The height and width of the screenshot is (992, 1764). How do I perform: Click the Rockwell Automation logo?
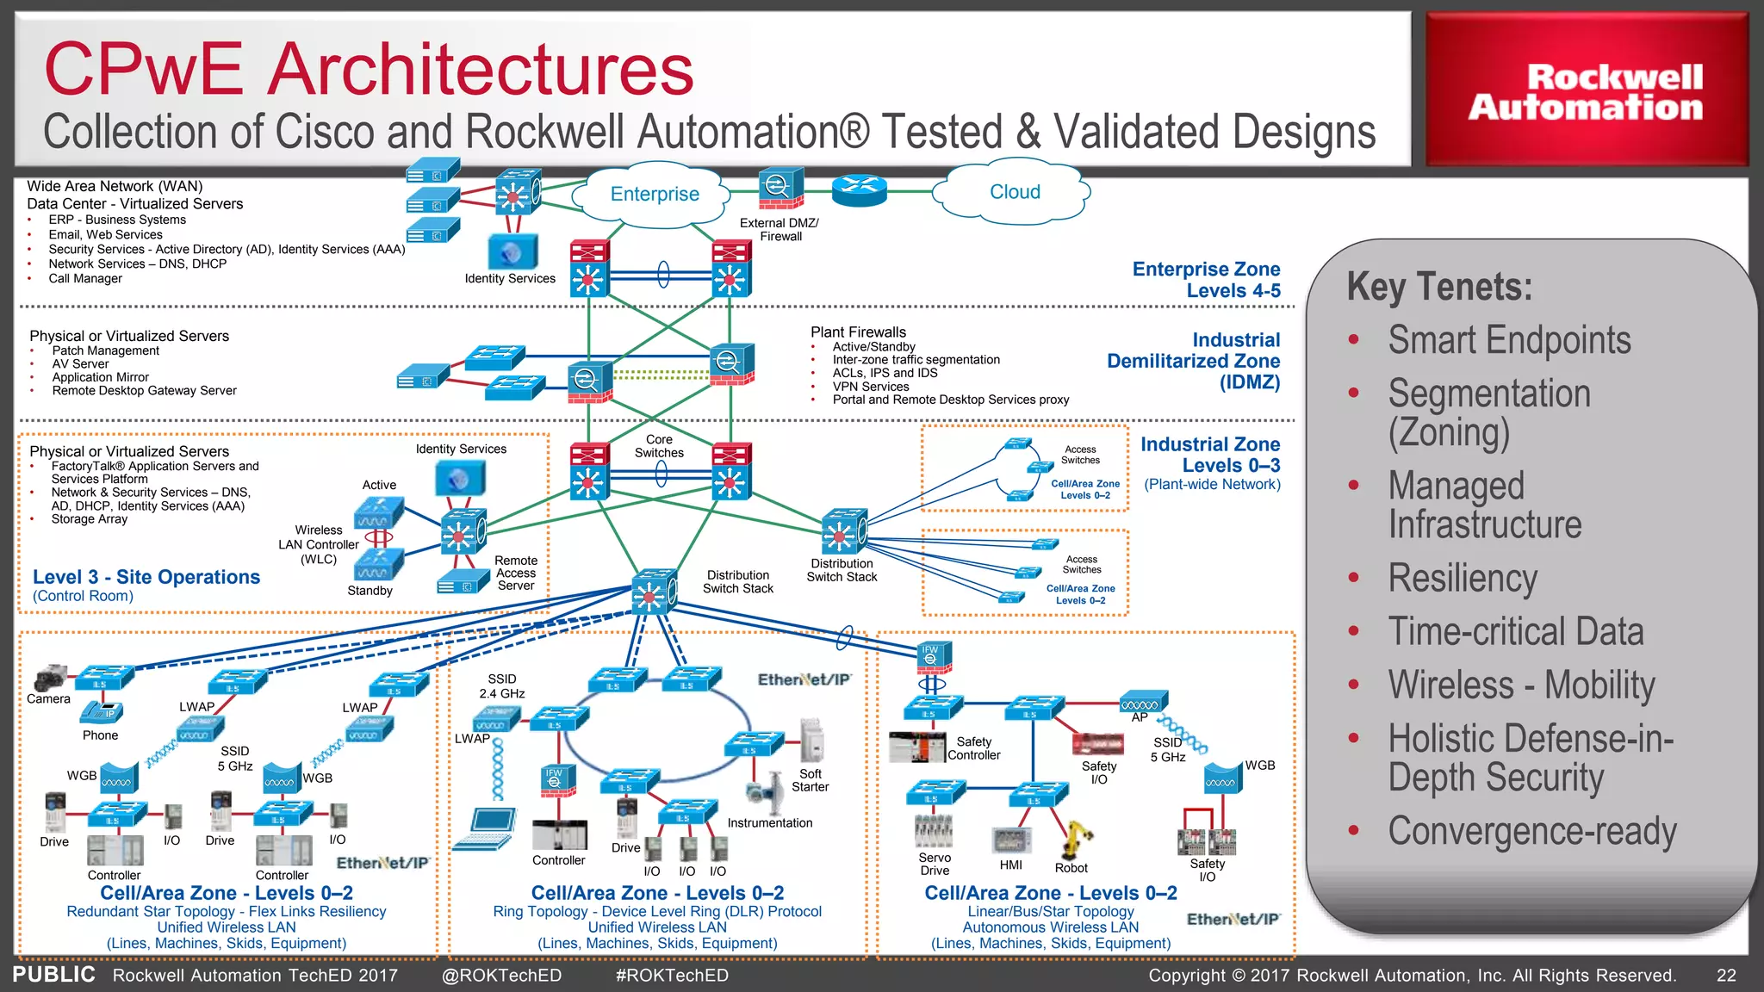point(1586,90)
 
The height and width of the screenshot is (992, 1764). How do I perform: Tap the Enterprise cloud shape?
point(655,195)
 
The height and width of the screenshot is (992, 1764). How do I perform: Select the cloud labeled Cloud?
point(1014,192)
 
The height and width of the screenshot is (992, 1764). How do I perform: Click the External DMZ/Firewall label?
point(780,229)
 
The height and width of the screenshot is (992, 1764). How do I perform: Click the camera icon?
point(51,678)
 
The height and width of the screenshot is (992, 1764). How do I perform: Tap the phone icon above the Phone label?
point(102,712)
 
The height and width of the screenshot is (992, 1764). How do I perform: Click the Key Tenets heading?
point(1439,287)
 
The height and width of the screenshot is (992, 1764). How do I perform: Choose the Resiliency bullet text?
point(1463,578)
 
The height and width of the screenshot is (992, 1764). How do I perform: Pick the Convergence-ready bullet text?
point(1531,831)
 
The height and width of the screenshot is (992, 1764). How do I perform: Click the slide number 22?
point(1726,976)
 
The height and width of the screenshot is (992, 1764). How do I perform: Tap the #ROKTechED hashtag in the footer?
point(672,976)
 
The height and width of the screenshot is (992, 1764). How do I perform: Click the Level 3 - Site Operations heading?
point(146,577)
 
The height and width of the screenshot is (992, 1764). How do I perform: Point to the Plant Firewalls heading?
point(858,332)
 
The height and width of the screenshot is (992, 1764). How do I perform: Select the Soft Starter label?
point(810,780)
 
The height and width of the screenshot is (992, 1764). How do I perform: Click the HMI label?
point(1010,865)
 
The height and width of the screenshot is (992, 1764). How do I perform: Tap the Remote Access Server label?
point(516,573)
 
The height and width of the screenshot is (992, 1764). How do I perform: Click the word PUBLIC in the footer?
point(53,975)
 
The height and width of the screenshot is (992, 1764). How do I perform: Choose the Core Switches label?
point(659,446)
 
